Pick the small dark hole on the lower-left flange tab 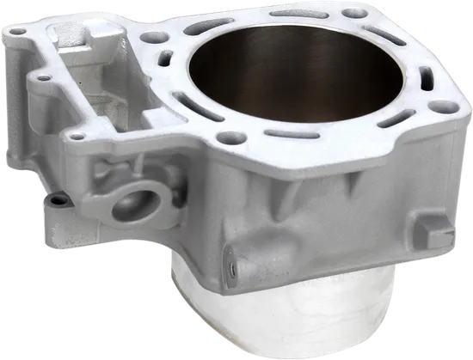coord(56,198)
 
